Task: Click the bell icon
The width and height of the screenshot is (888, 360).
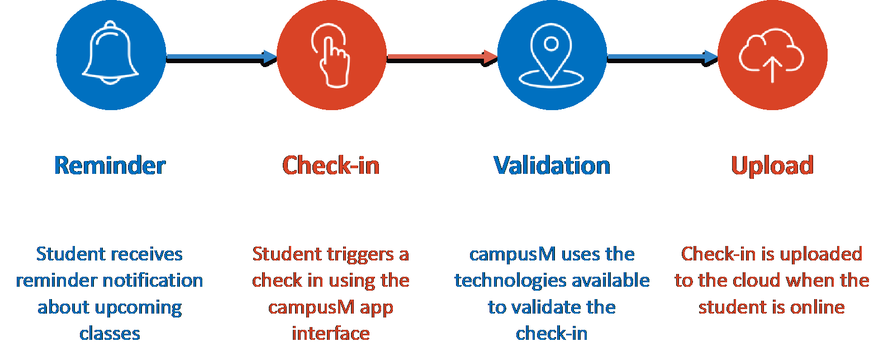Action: [x=111, y=53]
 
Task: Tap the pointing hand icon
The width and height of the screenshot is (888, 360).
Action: [x=331, y=55]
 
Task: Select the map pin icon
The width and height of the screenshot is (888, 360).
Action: [x=551, y=55]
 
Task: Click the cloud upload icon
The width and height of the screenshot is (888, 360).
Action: [x=771, y=55]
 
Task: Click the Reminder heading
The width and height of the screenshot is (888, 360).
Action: [x=110, y=165]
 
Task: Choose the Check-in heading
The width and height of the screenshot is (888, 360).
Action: [x=331, y=165]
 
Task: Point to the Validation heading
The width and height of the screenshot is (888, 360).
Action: [x=552, y=165]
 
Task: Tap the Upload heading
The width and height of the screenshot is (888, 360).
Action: [x=772, y=166]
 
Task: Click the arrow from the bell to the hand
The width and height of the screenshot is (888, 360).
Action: [x=221, y=58]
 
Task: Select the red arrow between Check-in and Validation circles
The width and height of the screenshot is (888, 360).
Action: [x=442, y=58]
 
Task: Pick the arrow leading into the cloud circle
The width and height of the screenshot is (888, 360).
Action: [x=662, y=58]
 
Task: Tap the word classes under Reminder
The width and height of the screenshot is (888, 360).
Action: [x=110, y=333]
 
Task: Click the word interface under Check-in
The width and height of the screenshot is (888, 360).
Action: [x=331, y=333]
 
